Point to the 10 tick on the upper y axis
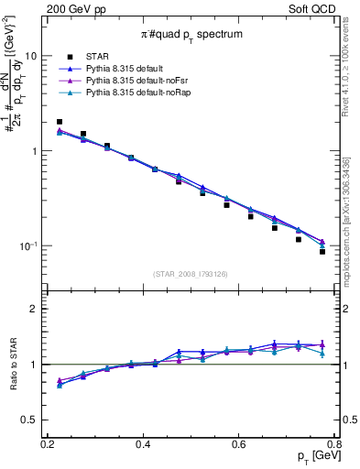point(32,56)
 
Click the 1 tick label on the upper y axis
point(36,151)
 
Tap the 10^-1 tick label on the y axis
point(30,246)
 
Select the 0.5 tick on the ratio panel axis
point(31,420)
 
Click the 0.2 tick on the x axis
point(48,443)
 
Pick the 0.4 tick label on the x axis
point(144,443)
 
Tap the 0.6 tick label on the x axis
point(239,443)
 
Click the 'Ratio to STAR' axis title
point(13,365)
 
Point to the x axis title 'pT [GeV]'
point(312,456)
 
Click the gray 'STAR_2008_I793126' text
point(191,274)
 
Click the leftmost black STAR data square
point(60,122)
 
